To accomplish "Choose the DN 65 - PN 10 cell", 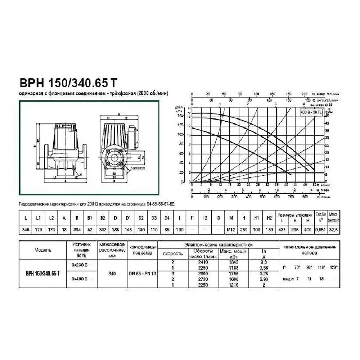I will pyautogui.click(x=143, y=274).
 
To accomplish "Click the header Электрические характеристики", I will pyautogui.click(x=218, y=244).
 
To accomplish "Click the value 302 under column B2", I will pyautogui.click(x=103, y=229).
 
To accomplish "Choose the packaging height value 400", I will pyautogui.click(x=307, y=229).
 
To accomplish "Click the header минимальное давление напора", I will pyautogui.click(x=310, y=249).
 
